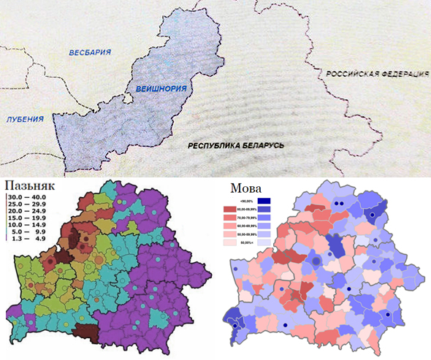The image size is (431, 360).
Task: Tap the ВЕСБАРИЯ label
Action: coord(90,53)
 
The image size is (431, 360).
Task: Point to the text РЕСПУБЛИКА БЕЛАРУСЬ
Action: coord(234,145)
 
